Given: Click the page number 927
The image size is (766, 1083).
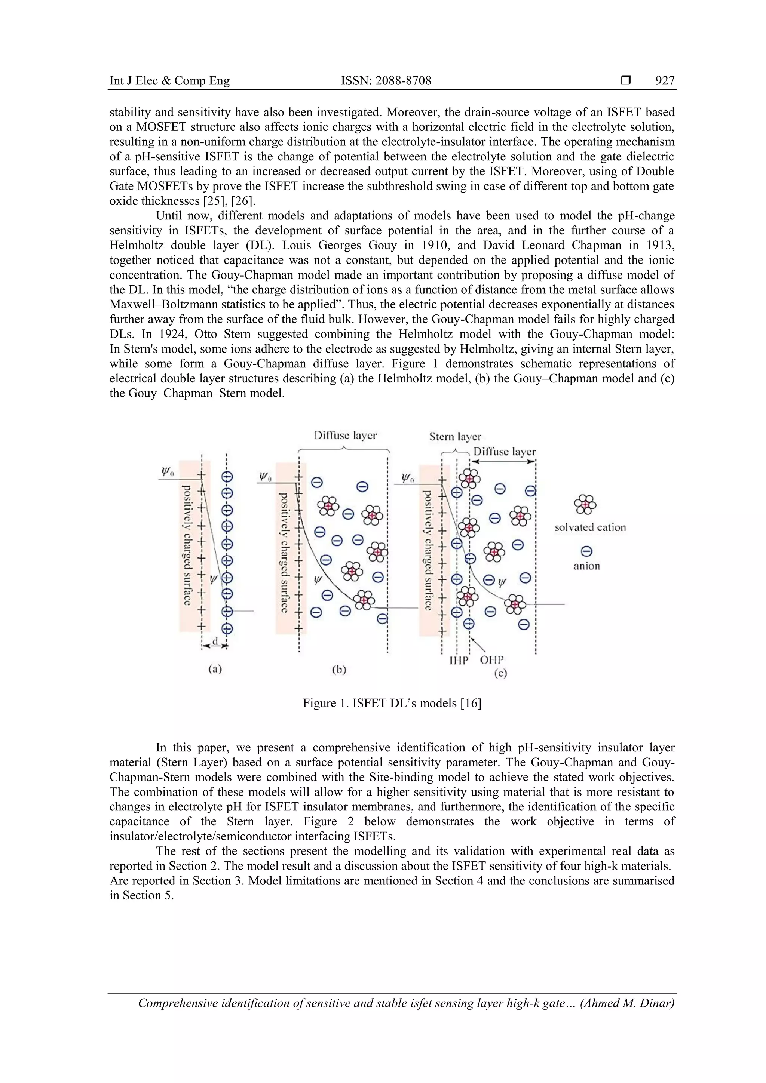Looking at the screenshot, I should point(665,81).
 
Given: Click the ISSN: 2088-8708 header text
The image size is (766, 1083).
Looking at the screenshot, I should point(386,81).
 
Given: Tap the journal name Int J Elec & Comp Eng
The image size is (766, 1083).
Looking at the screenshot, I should point(169,81).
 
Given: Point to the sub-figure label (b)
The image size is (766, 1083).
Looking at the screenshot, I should point(339,669).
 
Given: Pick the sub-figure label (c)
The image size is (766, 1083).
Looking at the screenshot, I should point(500,674).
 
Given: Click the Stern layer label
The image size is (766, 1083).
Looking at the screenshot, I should point(455,437).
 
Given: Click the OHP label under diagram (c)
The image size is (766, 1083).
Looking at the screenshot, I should point(492,659).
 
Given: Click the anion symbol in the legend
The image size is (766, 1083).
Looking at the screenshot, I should point(586,551).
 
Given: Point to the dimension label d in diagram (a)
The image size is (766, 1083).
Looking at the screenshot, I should point(215,642).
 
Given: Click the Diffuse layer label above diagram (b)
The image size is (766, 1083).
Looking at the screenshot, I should point(346,435).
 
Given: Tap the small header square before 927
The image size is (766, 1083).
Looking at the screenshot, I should point(626,81).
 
